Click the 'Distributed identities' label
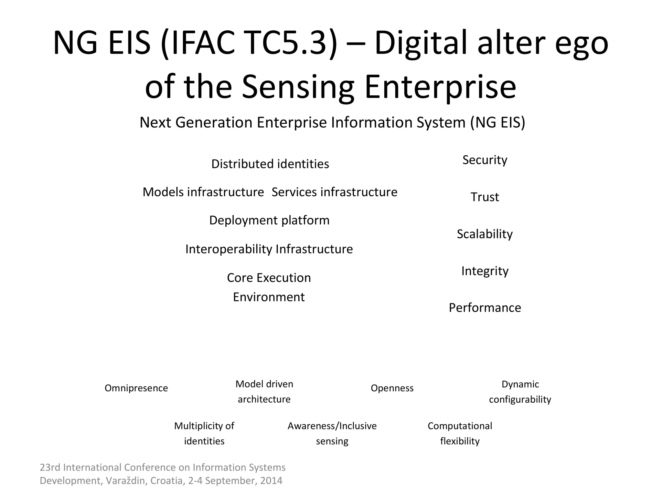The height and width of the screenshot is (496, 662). tap(270, 164)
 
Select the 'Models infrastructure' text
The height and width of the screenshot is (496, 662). tap(203, 192)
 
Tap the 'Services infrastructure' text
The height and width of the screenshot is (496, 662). tap(334, 192)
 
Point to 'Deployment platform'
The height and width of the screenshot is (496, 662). tap(269, 220)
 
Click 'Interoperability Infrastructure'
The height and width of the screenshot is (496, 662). tap(269, 249)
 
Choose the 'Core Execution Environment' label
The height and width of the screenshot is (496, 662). tap(269, 287)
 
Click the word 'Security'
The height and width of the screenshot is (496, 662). tap(485, 160)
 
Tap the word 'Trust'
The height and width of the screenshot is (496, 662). tap(485, 197)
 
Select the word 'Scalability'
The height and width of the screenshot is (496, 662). tap(485, 234)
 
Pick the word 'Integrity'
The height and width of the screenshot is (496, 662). tap(485, 271)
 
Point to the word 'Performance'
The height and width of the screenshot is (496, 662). tap(485, 308)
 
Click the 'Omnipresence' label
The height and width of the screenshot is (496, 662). tap(136, 388)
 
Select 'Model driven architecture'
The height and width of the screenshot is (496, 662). tap(264, 391)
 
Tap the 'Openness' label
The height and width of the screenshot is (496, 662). tap(392, 388)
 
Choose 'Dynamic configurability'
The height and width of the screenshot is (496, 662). tap(520, 392)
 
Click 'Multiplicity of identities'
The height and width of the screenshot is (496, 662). tap(204, 433)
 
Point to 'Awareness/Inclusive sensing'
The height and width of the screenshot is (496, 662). tap(332, 433)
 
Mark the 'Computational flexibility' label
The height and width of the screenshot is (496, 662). tap(460, 433)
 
